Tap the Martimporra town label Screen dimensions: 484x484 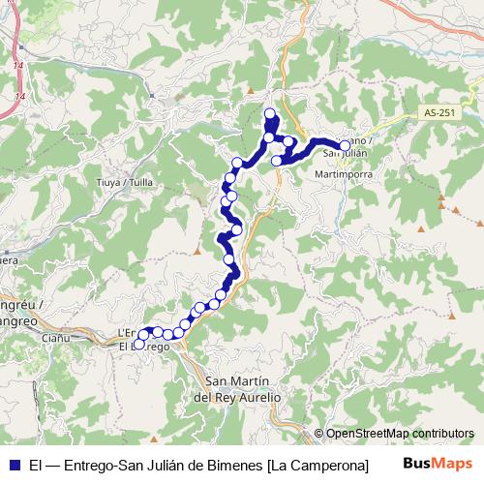point(339,174)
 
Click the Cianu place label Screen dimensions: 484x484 point(56,339)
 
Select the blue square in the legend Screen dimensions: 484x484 point(14,465)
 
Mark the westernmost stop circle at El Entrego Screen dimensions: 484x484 point(138,344)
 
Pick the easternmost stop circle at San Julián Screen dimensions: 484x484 point(345,145)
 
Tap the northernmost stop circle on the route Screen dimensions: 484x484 point(270,114)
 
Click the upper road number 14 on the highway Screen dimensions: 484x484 point(17,64)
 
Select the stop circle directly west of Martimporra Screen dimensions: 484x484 point(278,161)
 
